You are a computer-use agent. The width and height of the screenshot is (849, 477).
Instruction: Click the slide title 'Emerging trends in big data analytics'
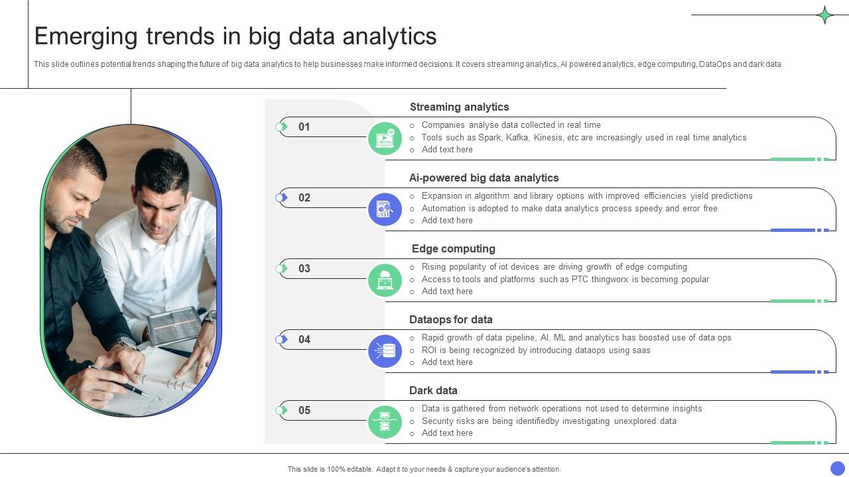coord(235,36)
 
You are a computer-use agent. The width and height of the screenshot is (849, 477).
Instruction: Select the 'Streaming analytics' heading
coord(459,107)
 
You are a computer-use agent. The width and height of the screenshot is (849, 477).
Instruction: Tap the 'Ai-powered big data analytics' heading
coord(484,178)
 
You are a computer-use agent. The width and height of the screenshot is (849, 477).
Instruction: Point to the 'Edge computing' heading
coord(453,249)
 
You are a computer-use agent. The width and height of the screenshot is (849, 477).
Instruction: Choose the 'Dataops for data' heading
coord(450,320)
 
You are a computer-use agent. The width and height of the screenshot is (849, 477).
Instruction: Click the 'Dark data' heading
coord(433,391)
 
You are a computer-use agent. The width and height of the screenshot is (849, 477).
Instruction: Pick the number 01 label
coord(304,127)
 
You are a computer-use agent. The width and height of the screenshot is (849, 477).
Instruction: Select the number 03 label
coord(304,269)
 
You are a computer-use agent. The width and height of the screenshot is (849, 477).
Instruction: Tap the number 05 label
coord(304,411)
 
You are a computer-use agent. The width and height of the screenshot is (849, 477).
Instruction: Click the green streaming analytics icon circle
coord(385,138)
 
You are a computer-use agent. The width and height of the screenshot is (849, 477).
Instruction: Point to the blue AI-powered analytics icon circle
coord(385,209)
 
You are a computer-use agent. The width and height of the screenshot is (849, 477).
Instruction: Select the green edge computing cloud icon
coord(385,280)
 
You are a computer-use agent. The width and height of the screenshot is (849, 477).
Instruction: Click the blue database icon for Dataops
coord(385,351)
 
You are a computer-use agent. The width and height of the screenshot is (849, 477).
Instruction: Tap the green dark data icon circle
coord(385,422)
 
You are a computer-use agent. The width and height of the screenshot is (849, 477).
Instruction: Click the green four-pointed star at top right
coord(825,15)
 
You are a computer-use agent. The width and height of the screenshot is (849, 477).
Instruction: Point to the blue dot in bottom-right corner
coord(838,468)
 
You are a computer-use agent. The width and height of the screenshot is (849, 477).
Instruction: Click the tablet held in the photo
coord(174,325)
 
